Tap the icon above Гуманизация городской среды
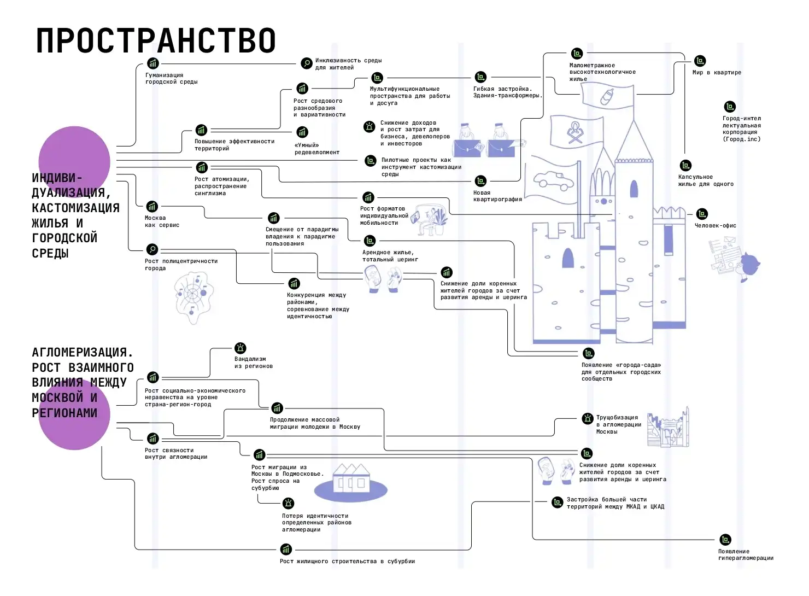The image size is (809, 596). [153, 63]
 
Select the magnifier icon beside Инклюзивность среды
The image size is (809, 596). [307, 63]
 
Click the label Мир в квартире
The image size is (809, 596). [717, 72]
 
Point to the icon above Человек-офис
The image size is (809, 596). [702, 214]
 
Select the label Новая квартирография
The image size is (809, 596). [497, 196]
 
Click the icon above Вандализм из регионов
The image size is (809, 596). [240, 348]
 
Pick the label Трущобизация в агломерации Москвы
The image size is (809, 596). [618, 424]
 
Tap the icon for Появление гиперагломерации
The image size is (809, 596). [725, 540]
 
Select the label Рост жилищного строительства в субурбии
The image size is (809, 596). [347, 561]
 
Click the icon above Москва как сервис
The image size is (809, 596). [152, 207]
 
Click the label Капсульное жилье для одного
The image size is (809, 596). [705, 180]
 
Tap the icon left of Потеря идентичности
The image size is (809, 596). [288, 503]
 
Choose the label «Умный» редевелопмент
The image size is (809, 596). [316, 149]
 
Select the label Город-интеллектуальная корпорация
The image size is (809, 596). [741, 128]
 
